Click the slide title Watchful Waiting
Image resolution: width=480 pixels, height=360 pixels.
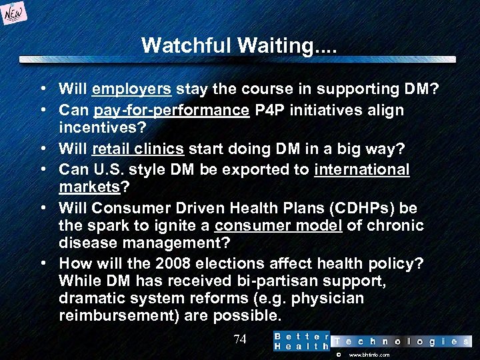pyautogui.click(x=239, y=45)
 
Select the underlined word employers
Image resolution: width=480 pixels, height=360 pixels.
pyautogui.click(x=132, y=89)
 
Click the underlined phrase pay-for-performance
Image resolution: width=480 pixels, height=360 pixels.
pyautogui.click(x=171, y=109)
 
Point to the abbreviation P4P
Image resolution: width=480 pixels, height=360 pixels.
pyautogui.click(x=269, y=109)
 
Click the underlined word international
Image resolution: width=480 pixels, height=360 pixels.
pyautogui.click(x=361, y=169)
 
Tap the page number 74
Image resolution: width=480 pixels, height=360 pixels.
pyautogui.click(x=240, y=339)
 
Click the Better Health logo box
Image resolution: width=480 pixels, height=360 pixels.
pyautogui.click(x=301, y=341)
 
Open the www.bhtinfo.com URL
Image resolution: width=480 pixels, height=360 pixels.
pyautogui.click(x=369, y=355)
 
